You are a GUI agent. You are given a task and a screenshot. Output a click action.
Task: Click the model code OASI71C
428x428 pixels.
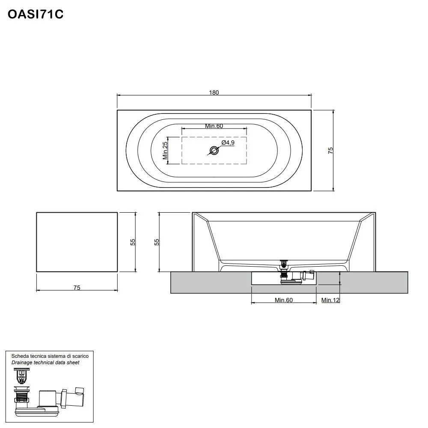(x=36, y=15)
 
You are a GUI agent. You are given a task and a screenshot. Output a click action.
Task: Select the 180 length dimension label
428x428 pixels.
(x=214, y=92)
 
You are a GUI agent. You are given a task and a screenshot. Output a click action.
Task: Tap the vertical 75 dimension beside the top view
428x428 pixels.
(x=330, y=150)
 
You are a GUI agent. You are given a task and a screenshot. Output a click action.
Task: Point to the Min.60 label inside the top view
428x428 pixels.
(x=214, y=126)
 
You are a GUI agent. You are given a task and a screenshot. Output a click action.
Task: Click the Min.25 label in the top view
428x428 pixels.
(x=165, y=150)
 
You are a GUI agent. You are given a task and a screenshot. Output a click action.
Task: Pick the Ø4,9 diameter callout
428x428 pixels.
(x=228, y=143)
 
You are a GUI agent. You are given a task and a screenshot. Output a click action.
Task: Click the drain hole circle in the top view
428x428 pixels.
(x=214, y=150)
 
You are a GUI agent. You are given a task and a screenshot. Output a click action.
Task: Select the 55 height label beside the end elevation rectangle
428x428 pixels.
(x=133, y=242)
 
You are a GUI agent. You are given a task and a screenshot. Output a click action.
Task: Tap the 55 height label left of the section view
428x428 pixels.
(x=157, y=242)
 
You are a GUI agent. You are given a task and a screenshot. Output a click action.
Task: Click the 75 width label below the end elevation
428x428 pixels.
(x=77, y=288)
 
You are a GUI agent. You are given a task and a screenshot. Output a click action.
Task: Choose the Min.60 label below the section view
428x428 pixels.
(x=283, y=300)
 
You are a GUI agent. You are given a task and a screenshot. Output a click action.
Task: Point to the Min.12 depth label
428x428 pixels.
(x=330, y=300)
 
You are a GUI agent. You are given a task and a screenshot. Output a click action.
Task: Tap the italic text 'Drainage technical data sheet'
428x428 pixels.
(x=45, y=363)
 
